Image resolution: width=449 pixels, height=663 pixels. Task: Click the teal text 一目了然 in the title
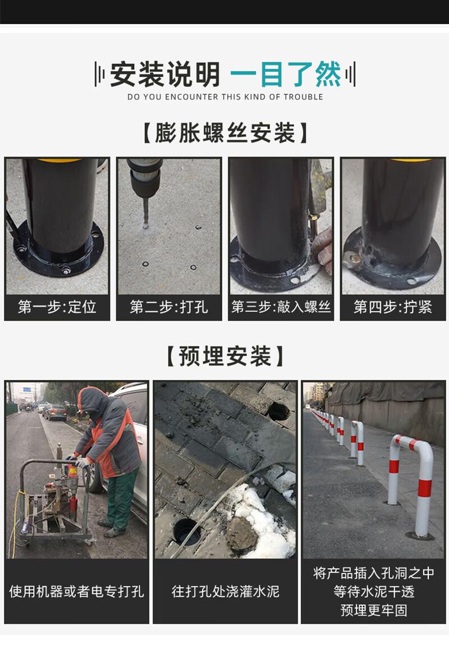pyautogui.click(x=285, y=75)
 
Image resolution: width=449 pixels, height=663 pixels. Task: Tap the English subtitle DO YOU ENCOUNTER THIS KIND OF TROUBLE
pyautogui.click(x=225, y=97)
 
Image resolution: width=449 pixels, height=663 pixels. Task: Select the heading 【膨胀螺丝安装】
pyautogui.click(x=225, y=133)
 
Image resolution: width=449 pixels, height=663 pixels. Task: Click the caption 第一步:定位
pyautogui.click(x=57, y=307)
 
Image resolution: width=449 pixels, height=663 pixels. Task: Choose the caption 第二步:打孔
pyautogui.click(x=169, y=307)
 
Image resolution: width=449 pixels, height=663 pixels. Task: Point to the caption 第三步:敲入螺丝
pyautogui.click(x=281, y=307)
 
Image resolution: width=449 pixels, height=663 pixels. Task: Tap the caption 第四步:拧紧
pyautogui.click(x=393, y=307)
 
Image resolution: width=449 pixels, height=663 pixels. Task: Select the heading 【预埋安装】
pyautogui.click(x=225, y=356)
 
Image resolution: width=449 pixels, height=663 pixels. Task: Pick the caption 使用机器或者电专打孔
pyautogui.click(x=76, y=591)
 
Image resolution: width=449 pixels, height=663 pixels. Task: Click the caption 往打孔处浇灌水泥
pyautogui.click(x=225, y=591)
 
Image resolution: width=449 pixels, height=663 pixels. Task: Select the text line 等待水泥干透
pyautogui.click(x=374, y=591)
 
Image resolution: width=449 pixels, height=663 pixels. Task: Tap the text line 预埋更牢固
pyautogui.click(x=374, y=610)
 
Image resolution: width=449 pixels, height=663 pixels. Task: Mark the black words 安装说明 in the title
pyautogui.click(x=165, y=75)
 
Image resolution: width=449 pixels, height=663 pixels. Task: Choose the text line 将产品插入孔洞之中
pyautogui.click(x=374, y=573)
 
